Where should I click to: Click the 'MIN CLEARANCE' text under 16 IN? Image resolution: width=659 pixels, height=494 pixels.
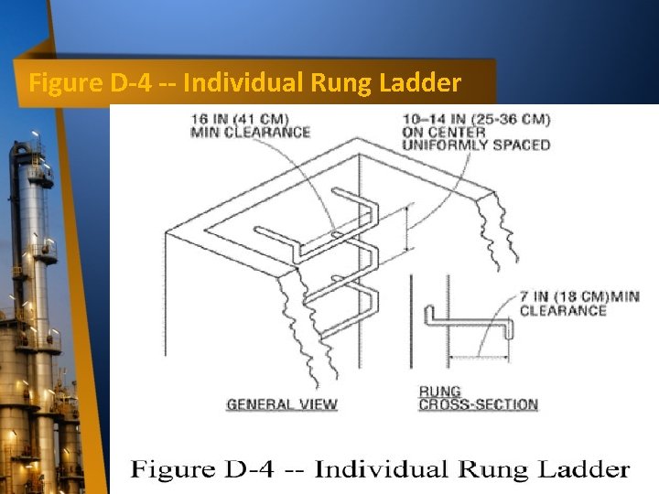(x=250, y=132)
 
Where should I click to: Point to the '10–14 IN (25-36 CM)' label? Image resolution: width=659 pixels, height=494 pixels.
(x=475, y=118)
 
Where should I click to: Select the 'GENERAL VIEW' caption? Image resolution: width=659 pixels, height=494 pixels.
(x=282, y=403)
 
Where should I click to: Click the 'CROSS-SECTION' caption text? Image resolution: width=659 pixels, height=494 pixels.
(x=478, y=404)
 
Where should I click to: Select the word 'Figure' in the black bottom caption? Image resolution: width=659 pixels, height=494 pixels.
(x=172, y=470)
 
